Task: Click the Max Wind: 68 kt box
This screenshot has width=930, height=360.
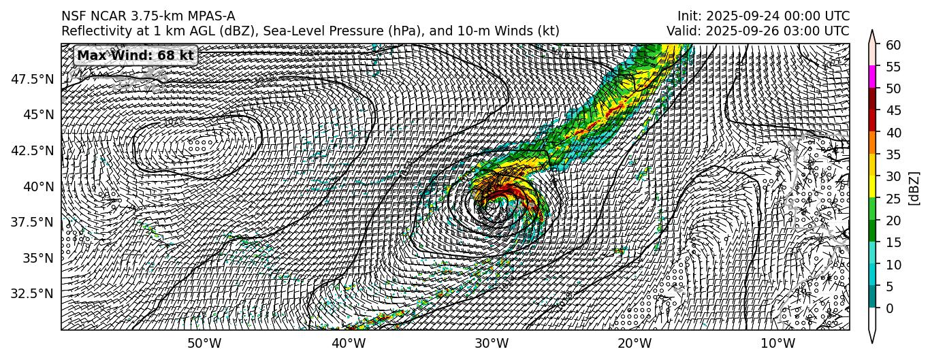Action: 135,56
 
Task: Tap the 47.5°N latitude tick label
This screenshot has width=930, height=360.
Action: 33,79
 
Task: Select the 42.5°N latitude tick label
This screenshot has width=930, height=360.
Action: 33,150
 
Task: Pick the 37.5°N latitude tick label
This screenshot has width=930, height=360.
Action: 33,222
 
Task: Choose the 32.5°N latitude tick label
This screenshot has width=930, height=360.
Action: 33,293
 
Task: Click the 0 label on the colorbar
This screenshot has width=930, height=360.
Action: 889,308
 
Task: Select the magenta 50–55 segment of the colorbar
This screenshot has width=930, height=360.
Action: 871,78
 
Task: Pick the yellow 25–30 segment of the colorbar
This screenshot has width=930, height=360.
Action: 871,187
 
